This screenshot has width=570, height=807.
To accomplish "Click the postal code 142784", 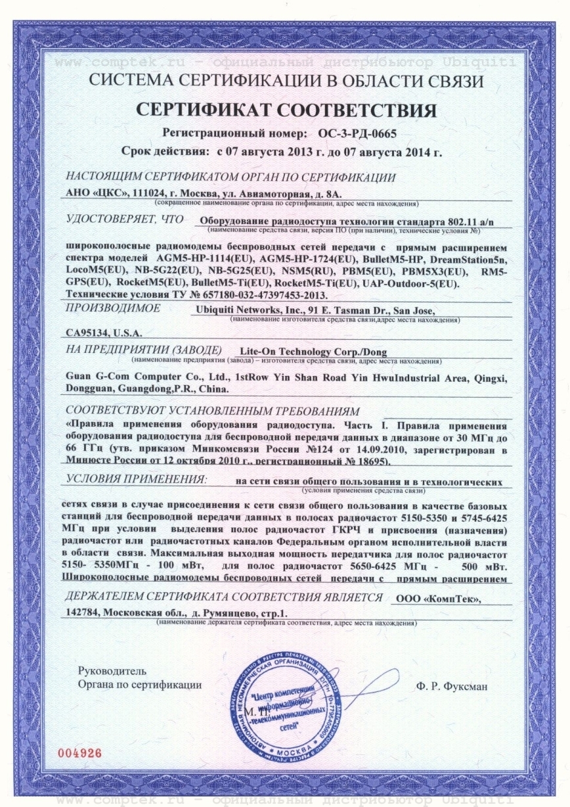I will click(83, 612).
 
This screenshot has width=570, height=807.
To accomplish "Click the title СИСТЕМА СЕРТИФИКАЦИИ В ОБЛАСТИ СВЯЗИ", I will click(284, 82).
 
